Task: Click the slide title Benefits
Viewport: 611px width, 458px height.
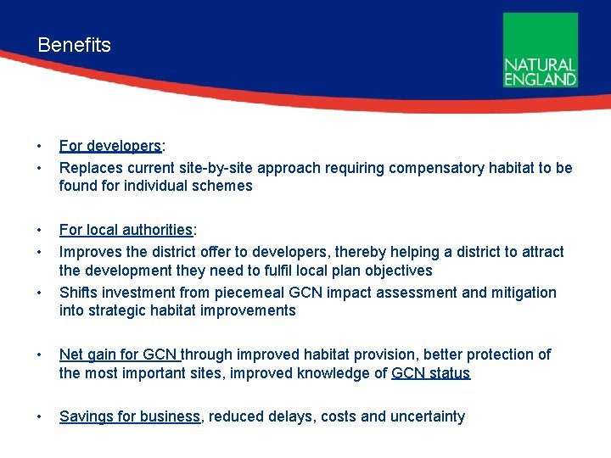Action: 74,45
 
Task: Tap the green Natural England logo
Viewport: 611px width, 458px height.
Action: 540,50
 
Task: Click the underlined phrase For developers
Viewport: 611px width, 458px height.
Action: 110,146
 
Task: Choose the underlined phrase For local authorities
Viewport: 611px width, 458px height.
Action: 126,230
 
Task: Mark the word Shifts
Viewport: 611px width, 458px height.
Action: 79,293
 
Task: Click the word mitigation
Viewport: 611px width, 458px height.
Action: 524,293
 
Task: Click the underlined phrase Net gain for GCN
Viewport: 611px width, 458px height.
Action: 119,355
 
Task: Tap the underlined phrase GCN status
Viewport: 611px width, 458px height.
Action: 430,373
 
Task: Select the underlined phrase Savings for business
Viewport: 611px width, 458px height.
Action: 130,416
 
